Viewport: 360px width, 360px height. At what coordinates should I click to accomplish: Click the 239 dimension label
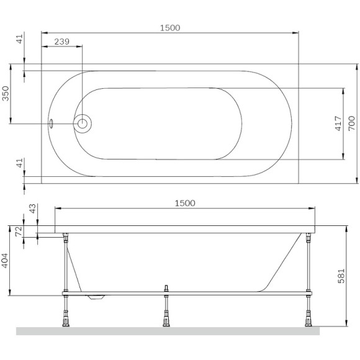(x=61, y=42)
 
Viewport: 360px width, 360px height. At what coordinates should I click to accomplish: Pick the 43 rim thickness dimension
(x=33, y=210)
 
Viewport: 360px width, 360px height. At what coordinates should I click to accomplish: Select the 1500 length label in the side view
(x=185, y=203)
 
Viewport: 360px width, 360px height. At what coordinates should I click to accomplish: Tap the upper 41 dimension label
(x=20, y=40)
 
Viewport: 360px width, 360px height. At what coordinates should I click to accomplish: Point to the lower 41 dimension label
(x=20, y=164)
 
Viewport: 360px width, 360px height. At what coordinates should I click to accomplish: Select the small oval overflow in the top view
(x=52, y=123)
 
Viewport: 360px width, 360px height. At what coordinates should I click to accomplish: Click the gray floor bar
(x=168, y=331)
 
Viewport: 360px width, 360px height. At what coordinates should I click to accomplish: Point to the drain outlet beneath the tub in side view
(x=96, y=297)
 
